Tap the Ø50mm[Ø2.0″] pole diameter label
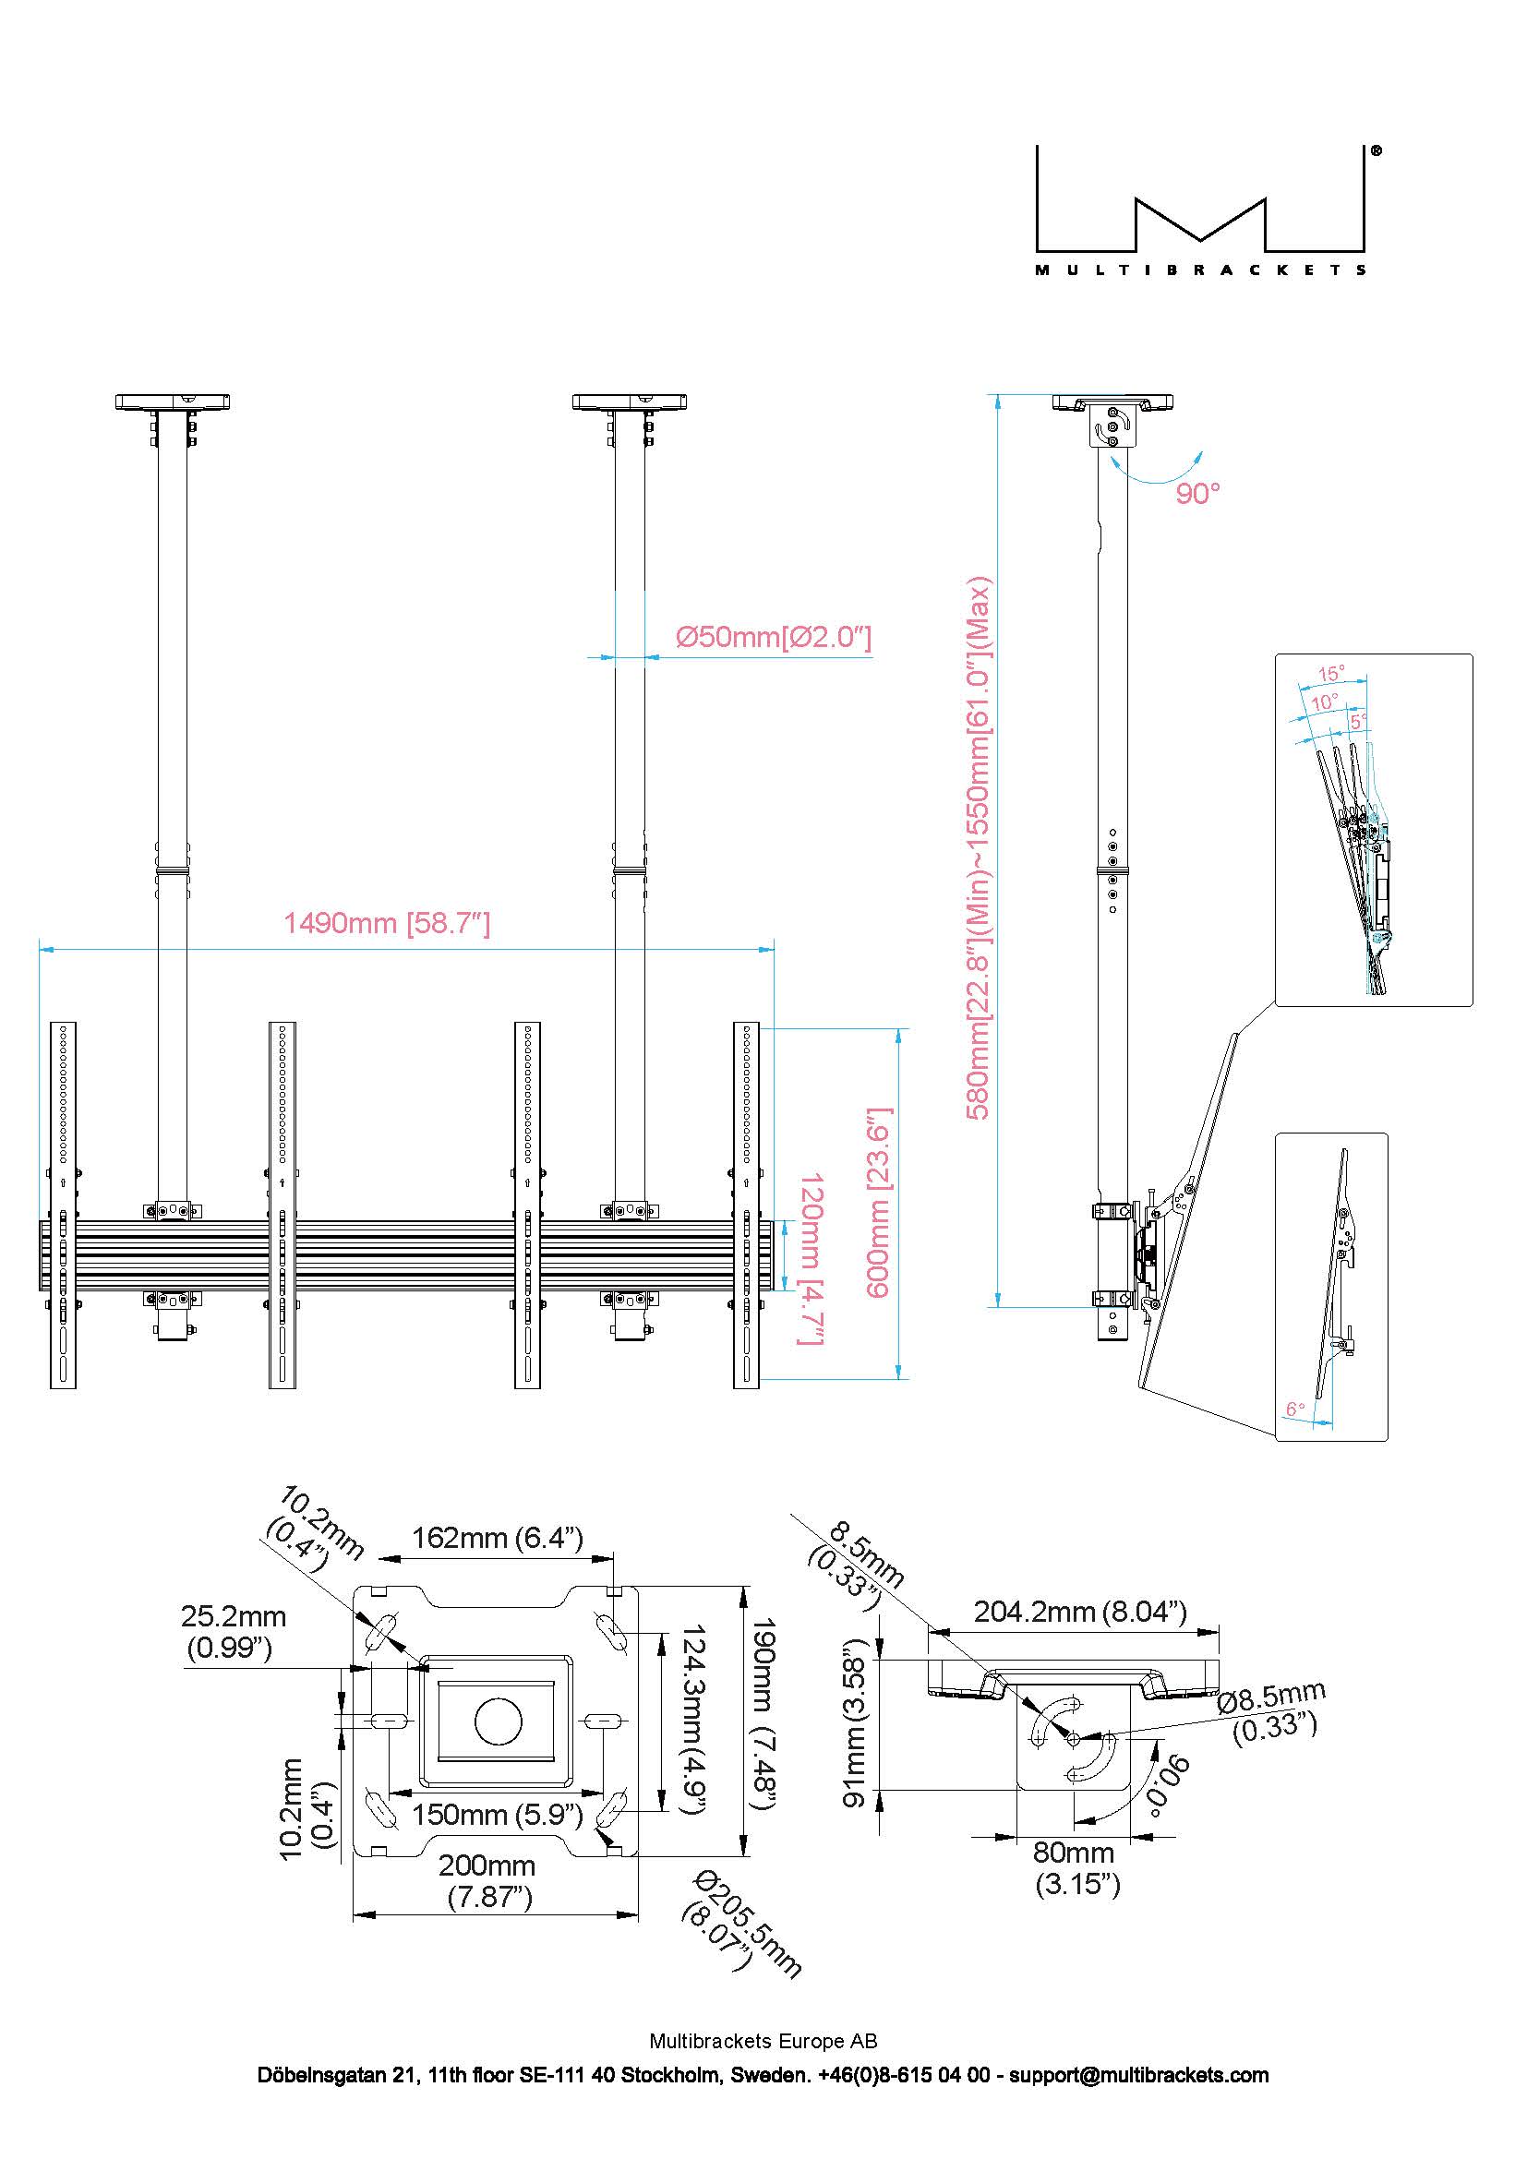coord(773,638)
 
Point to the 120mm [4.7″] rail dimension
coord(812,1257)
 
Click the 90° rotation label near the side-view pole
coord(1197,493)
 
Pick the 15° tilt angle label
coord(1330,673)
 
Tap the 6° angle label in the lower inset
coord(1294,1409)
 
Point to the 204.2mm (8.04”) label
coord(1079,1612)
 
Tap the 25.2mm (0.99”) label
coord(233,1631)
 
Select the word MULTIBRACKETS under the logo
coord(1201,270)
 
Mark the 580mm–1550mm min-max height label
coord(979,846)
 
